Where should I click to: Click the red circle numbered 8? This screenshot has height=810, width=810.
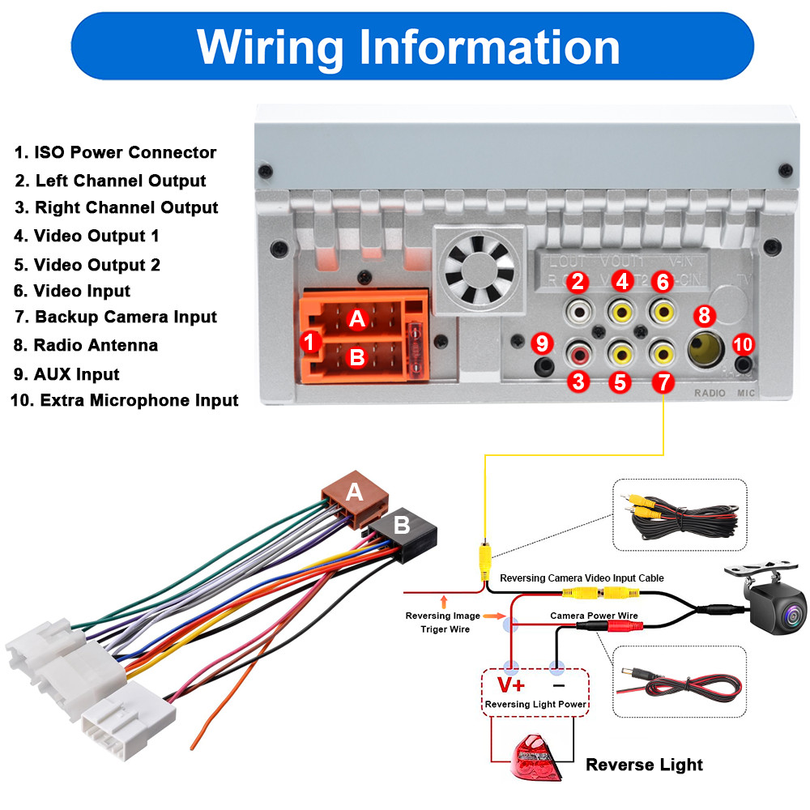pyautogui.click(x=703, y=315)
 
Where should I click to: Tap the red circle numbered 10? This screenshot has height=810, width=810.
pyautogui.click(x=743, y=344)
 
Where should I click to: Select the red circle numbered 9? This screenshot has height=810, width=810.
pyautogui.click(x=542, y=343)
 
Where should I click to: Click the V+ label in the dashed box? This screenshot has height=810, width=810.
pyautogui.click(x=511, y=685)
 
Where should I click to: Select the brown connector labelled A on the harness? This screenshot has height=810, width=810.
pyautogui.click(x=354, y=492)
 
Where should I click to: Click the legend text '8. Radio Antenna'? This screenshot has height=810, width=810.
pyautogui.click(x=85, y=345)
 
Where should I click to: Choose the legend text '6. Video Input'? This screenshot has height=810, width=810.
pyautogui.click(x=71, y=291)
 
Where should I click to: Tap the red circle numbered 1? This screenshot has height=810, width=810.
pyautogui.click(x=309, y=342)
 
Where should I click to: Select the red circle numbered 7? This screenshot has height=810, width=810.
pyautogui.click(x=663, y=381)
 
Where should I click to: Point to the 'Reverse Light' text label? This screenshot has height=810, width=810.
pyautogui.click(x=644, y=765)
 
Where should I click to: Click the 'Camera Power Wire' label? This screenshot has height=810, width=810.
pyautogui.click(x=594, y=616)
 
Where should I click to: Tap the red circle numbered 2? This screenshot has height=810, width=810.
pyautogui.click(x=578, y=283)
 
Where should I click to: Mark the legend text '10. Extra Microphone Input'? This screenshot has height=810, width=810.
pyautogui.click(x=124, y=400)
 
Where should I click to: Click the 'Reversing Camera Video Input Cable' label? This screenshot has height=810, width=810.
pyautogui.click(x=582, y=578)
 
